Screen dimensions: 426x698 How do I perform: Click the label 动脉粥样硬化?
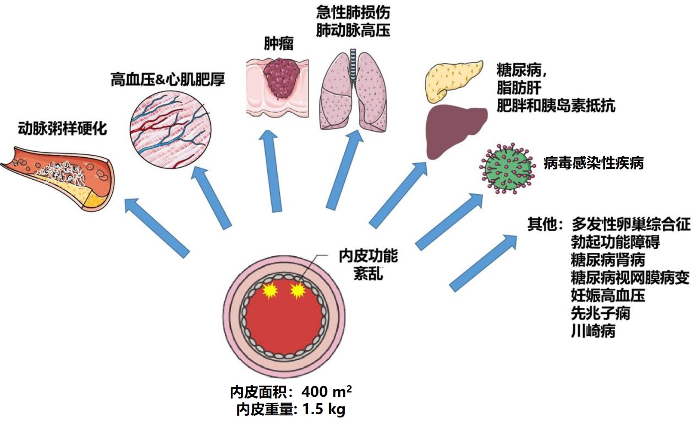(62, 129)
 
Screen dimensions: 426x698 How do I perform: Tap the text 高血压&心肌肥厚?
(168, 80)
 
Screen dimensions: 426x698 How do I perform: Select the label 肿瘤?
(279, 44)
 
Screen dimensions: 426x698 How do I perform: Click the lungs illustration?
(353, 92)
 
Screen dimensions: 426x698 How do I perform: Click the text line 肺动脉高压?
(353, 31)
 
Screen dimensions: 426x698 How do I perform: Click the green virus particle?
(507, 168)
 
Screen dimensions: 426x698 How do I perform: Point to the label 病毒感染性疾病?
(593, 163)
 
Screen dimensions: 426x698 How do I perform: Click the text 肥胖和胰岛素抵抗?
(556, 106)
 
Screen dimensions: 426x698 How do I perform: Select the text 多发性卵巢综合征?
(631, 224)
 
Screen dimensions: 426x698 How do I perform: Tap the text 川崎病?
(593, 331)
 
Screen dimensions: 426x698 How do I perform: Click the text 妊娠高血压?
(608, 296)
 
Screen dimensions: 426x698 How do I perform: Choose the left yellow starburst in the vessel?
(270, 291)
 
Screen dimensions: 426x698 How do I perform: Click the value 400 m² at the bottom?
(327, 392)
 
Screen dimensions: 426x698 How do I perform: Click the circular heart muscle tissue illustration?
(171, 128)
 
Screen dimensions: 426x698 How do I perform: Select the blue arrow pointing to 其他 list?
(483, 263)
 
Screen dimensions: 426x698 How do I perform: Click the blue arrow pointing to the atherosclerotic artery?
(157, 227)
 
